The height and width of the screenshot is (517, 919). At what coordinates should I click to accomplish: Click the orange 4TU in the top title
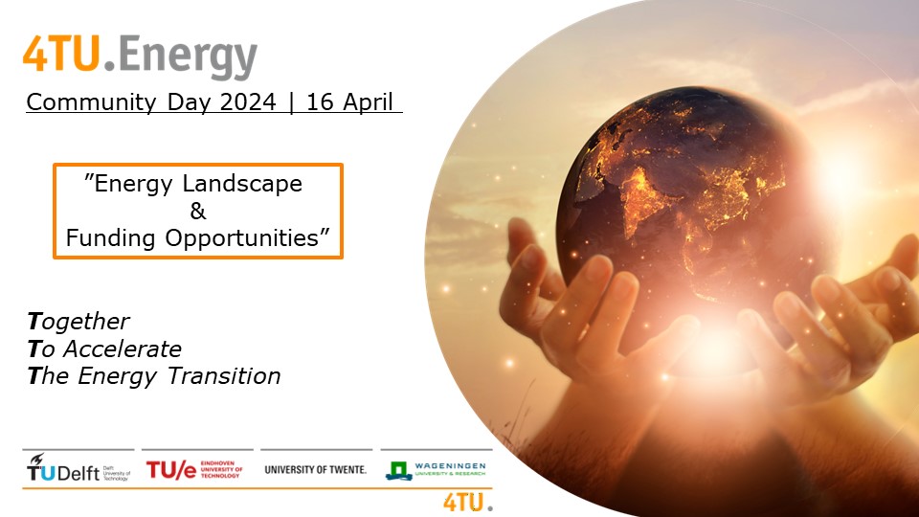tap(62, 54)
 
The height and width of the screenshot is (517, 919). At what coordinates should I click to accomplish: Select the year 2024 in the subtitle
tap(248, 102)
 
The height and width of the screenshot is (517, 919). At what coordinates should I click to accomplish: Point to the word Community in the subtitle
tap(91, 102)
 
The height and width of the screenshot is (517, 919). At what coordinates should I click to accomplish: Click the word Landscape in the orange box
tap(242, 184)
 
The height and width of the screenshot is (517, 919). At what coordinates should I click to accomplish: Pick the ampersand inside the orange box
tap(198, 211)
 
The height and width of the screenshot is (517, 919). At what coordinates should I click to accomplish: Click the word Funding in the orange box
tap(110, 238)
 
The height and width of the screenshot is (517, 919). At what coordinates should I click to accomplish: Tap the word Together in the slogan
tap(78, 322)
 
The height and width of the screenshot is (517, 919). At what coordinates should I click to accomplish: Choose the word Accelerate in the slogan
tap(123, 349)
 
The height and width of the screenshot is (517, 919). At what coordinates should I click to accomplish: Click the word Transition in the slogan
tap(224, 376)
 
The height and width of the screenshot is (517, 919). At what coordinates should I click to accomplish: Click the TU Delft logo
tap(78, 467)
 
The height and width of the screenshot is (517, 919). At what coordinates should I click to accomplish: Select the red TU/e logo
tap(194, 469)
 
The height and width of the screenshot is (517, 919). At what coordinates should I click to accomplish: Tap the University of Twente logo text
tap(315, 469)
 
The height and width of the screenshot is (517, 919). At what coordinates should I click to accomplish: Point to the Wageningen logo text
tap(450, 469)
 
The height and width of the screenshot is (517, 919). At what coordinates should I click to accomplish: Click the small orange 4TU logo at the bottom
tap(468, 503)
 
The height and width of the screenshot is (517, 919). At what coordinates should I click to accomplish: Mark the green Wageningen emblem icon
tap(398, 470)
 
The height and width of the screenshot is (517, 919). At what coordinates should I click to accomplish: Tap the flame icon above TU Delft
tap(37, 459)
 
